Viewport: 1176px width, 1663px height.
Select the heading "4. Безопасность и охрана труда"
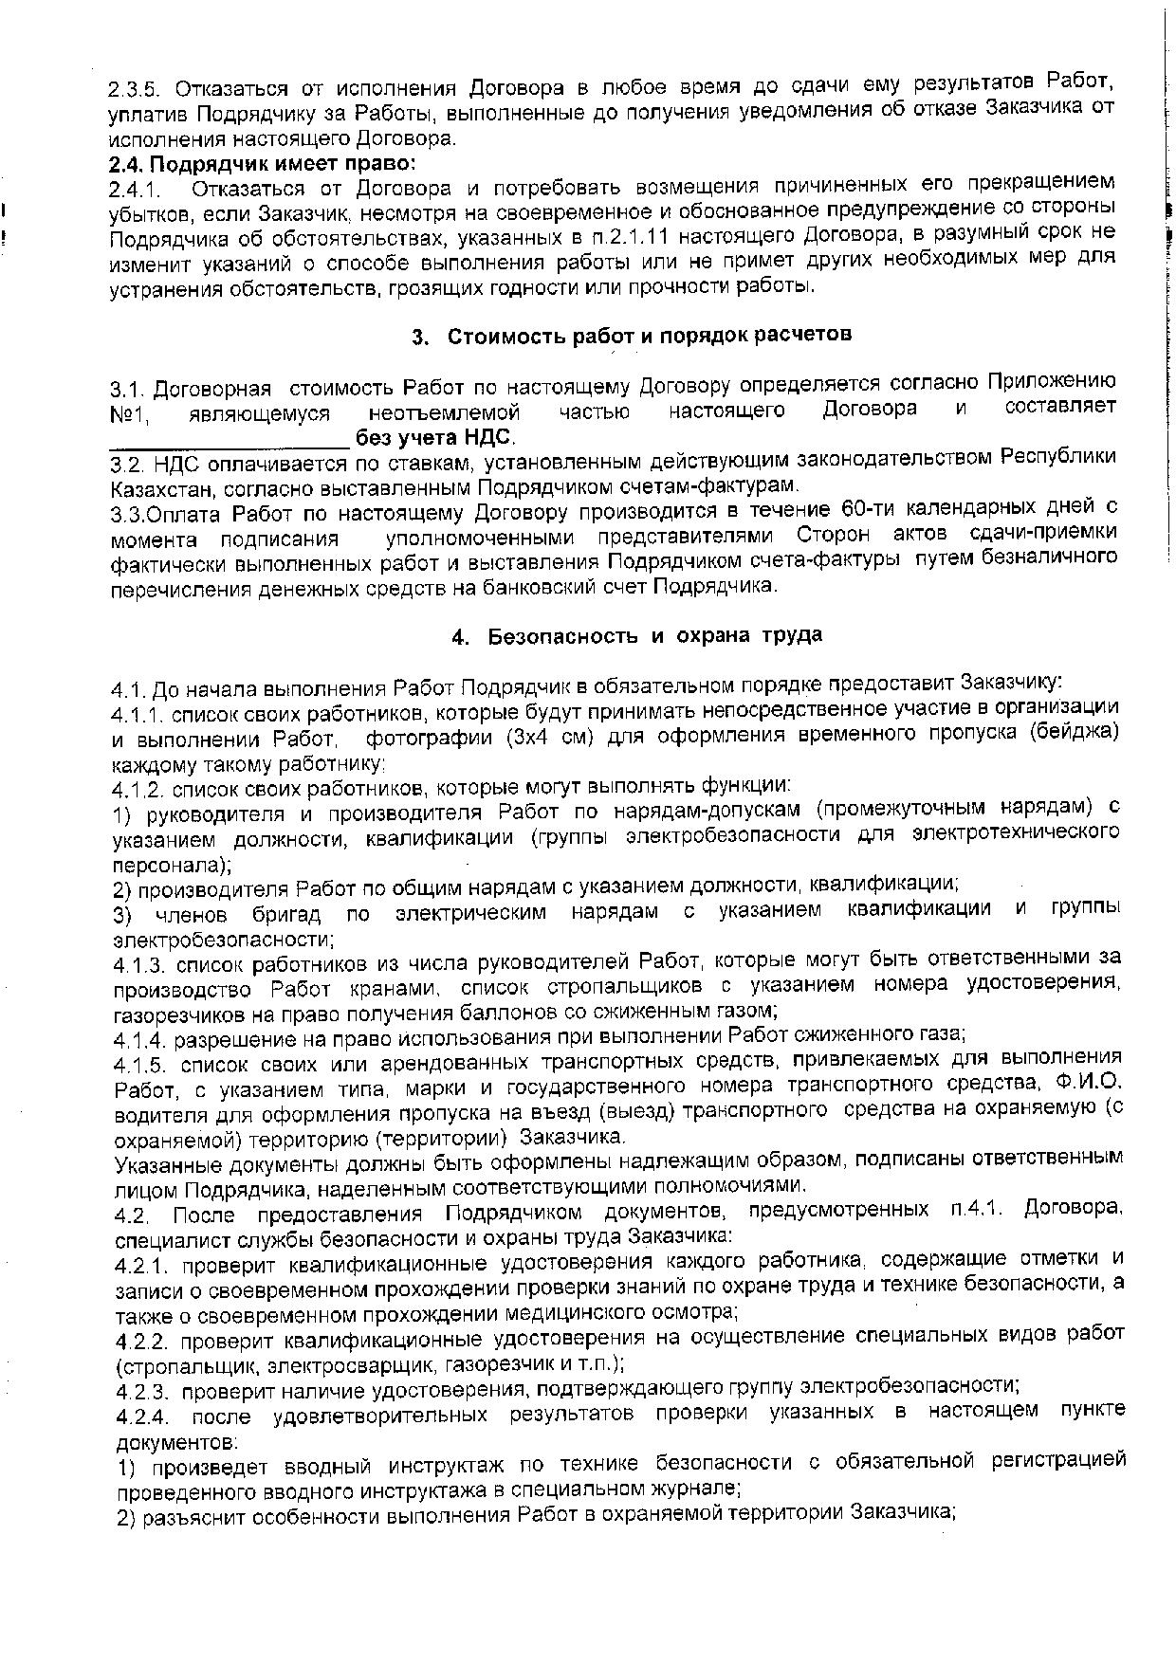(x=636, y=635)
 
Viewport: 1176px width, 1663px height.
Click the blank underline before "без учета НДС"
(x=230, y=439)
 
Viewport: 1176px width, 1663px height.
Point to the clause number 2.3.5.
(x=137, y=89)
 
